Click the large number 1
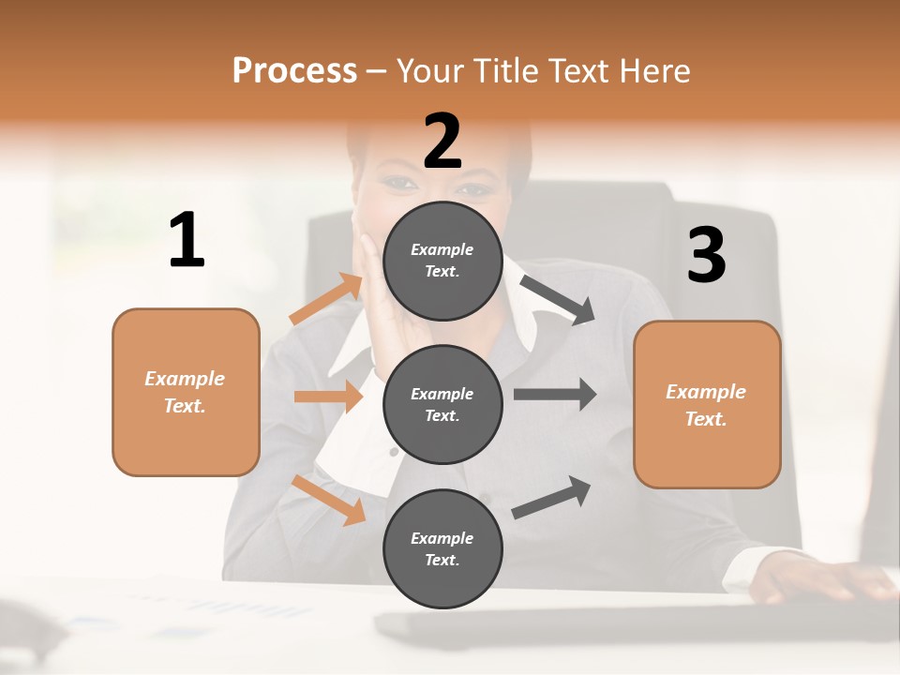[187, 241]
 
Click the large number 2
[442, 142]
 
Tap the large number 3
[706, 256]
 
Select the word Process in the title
[294, 70]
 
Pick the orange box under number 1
[186, 392]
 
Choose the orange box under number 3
[707, 404]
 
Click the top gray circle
[442, 261]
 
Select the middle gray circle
[442, 404]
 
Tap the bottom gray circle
[442, 548]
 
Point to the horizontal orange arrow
[328, 397]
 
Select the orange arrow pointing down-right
[329, 500]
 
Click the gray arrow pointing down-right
[558, 300]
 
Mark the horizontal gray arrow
[555, 394]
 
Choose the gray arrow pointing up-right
[552, 497]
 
